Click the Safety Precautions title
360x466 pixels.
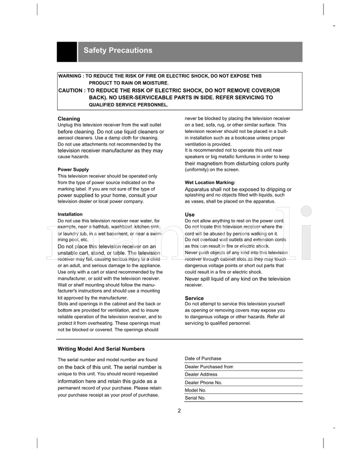[118, 50]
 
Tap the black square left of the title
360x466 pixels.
[67, 52]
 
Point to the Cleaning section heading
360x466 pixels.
[69, 119]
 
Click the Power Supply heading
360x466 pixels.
[73, 170]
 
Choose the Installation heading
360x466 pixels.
[70, 214]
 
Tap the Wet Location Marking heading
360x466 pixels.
[210, 183]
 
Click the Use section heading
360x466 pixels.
[189, 215]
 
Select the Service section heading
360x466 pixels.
[194, 298]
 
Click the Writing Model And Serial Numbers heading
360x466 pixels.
[101, 349]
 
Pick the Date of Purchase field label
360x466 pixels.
[203, 358]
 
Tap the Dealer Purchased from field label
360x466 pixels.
[209, 367]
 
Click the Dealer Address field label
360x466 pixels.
[201, 374]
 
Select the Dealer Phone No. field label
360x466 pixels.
[203, 382]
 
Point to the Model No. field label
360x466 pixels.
[195, 390]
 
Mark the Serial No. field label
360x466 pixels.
[195, 398]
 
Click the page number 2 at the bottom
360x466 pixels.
[180, 410]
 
